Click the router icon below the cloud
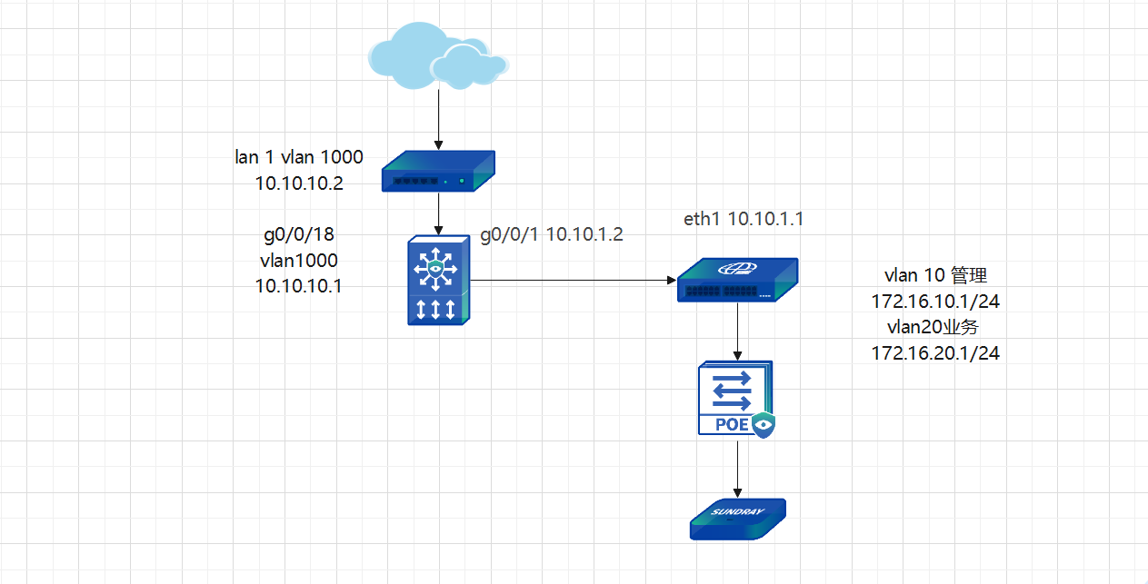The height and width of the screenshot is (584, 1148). tap(438, 173)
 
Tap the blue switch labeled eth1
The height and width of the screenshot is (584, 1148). tap(735, 281)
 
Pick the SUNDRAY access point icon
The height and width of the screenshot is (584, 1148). tap(736, 519)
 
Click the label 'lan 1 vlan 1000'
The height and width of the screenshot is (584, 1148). tap(299, 157)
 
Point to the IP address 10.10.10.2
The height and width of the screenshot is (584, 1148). tap(299, 183)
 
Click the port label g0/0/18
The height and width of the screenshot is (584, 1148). tap(299, 235)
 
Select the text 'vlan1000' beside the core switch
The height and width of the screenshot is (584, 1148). tap(299, 261)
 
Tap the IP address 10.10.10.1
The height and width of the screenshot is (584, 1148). tap(299, 286)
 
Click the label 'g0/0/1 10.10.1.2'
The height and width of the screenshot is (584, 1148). tap(552, 234)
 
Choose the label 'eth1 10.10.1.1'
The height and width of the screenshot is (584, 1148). tap(744, 219)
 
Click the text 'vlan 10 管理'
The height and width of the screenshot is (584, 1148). tap(935, 274)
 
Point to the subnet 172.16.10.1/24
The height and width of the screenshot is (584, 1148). tap(935, 301)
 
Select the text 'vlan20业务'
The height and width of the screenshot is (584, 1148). tap(935, 327)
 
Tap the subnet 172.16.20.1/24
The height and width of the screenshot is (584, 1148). tap(935, 353)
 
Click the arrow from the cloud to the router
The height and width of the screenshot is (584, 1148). tap(438, 118)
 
